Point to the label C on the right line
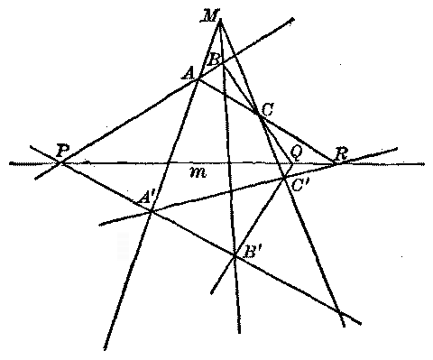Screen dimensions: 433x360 click(266, 109)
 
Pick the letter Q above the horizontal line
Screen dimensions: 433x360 click(294, 152)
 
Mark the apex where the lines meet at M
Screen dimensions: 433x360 click(220, 19)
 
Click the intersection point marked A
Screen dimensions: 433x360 click(198, 78)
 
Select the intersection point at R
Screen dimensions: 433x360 click(335, 163)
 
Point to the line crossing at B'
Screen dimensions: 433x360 click(234, 256)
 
